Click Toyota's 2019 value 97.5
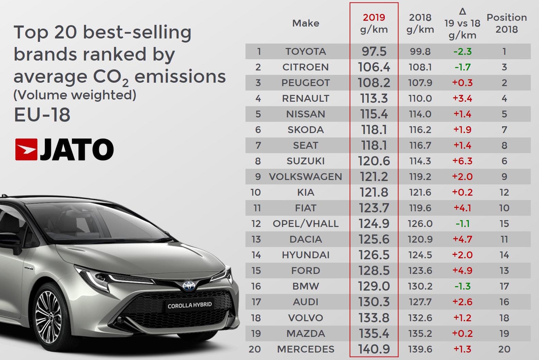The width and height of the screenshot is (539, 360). [374, 51]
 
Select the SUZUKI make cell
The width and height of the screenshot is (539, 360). [305, 161]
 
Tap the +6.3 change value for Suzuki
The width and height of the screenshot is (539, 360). [462, 161]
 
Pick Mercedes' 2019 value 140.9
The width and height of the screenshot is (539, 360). [374, 349]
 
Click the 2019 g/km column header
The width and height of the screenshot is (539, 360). [374, 23]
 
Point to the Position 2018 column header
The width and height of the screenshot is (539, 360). [506, 23]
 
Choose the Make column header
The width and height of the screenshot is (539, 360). [305, 23]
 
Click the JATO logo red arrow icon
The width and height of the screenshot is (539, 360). [26, 149]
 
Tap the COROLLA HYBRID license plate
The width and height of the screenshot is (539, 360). [189, 305]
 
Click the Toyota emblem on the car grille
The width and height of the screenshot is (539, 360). [188, 285]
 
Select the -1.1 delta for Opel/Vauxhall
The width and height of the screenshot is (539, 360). [462, 224]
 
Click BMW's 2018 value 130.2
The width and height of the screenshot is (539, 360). [420, 286]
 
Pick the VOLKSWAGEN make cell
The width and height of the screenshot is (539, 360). [305, 177]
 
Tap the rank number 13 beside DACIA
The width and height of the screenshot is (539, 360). [256, 239]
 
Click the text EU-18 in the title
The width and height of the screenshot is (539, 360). [42, 115]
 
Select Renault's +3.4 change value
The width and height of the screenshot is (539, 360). [462, 98]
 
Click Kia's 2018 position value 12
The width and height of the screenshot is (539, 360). [504, 192]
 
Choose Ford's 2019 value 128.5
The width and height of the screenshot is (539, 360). [374, 271]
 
